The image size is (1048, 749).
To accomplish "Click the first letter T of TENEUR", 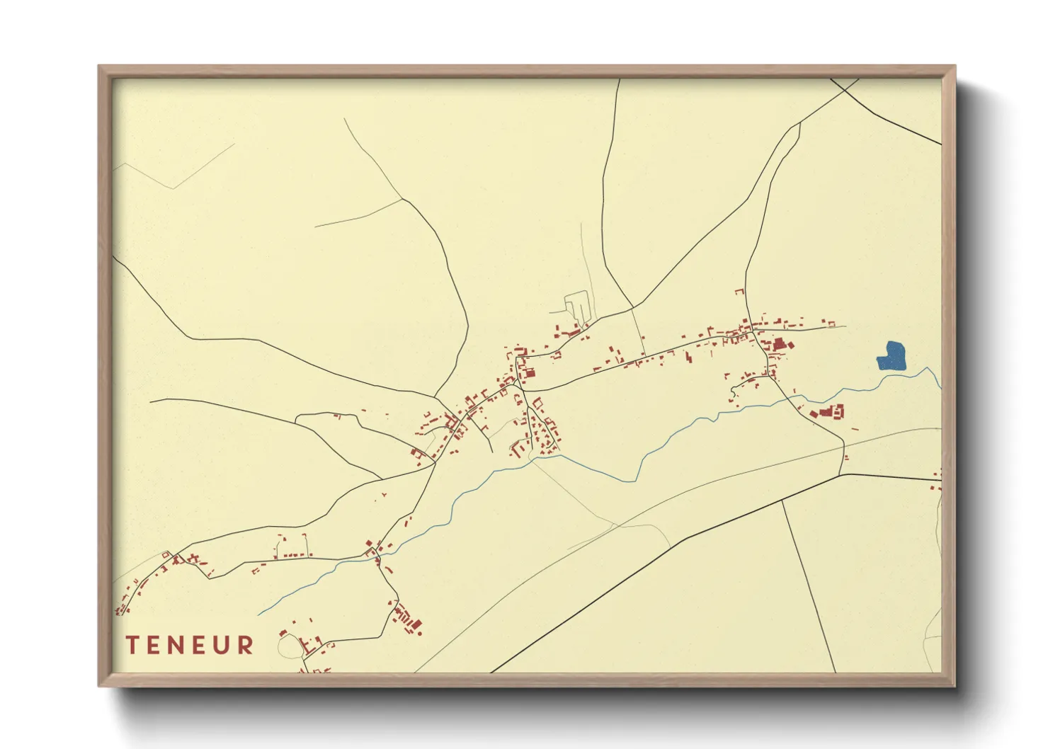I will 132,645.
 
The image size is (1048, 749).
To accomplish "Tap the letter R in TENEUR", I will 245,645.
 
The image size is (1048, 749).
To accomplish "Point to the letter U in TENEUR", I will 224,645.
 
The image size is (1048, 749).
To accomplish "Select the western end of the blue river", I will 258,614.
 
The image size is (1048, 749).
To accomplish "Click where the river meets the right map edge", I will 940,388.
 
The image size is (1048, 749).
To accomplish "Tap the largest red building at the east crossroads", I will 781,345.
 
